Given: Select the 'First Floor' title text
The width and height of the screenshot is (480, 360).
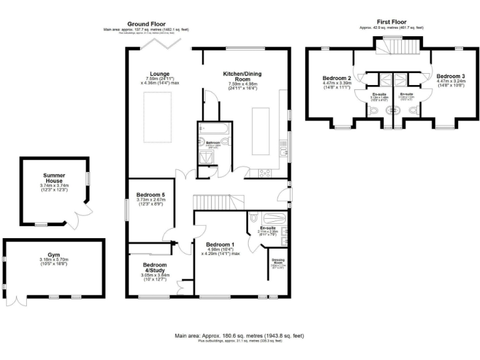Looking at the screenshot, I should pos(391,21).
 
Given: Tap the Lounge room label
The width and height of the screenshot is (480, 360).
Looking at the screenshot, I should pos(152,73).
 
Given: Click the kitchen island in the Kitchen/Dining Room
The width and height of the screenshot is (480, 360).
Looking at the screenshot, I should pos(261,131).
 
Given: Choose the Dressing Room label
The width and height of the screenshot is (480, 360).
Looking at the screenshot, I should pos(277,262).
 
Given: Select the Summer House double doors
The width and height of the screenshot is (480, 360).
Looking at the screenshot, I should pos(80,216).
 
